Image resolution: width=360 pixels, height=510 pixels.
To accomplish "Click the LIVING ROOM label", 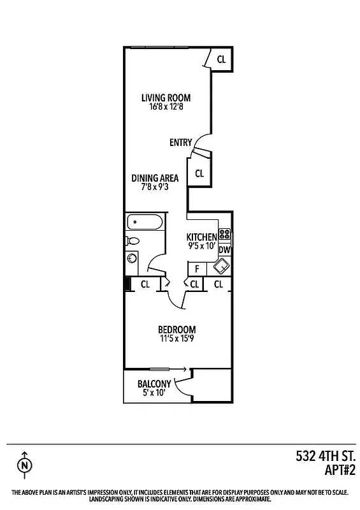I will click(166, 98).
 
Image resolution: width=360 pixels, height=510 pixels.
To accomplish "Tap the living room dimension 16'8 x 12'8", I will click(166, 107).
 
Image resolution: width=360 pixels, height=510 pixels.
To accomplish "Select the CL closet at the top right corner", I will click(221, 60).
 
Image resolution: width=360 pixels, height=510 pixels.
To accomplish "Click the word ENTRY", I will click(180, 143).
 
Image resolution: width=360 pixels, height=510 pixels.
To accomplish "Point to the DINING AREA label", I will click(155, 178).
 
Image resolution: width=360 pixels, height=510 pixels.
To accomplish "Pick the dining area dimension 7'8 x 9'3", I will click(155, 187).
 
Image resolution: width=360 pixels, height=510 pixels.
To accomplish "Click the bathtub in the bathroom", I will click(145, 223).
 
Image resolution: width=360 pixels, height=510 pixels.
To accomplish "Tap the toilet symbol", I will click(132, 242).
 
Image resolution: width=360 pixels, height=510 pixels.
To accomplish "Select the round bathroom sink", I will click(133, 259).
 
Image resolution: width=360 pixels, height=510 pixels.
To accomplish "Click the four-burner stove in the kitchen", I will click(224, 233).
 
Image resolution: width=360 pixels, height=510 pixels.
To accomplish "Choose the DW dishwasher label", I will click(224, 251).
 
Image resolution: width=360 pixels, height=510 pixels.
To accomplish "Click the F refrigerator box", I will click(197, 268).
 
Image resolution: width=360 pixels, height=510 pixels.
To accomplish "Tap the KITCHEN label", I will click(201, 237).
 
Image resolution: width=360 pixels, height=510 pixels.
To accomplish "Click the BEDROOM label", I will click(176, 330).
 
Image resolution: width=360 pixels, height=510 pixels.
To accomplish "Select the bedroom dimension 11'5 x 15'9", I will click(176, 339).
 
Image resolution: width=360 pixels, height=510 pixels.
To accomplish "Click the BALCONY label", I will click(154, 384).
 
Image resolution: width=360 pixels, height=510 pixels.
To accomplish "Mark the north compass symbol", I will click(25, 465).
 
